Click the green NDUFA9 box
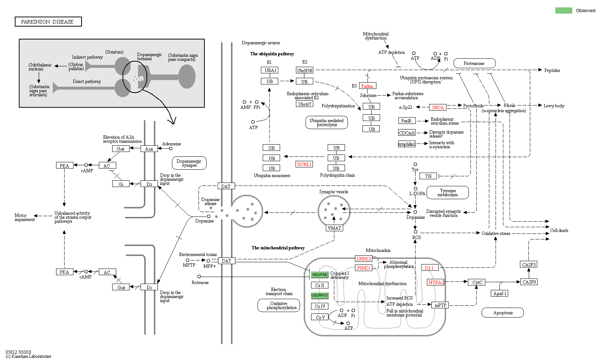pos(320,275)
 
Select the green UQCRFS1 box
pos(320,295)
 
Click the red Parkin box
pos(368,86)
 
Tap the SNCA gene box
pos(438,108)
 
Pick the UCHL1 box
pos(304,165)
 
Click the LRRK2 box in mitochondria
pos(363,259)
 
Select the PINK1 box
pos(363,268)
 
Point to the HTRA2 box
pos(436,283)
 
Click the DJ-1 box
pos(430,268)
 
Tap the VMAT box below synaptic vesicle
pos(334,228)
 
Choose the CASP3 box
pos(529,264)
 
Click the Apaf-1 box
pos(500,294)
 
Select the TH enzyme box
pos(428,176)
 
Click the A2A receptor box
pos(149,149)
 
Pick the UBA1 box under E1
pos(270,70)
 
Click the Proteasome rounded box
pos(474,63)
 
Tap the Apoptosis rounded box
pos(503,313)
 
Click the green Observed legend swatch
pos(563,11)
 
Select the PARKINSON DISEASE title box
pos(48,22)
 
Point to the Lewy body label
pos(554,106)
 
